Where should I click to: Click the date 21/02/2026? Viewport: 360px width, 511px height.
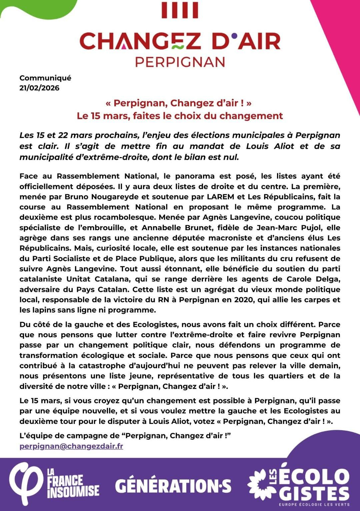click(x=39, y=88)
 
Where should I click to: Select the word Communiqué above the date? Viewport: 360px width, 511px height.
click(x=45, y=78)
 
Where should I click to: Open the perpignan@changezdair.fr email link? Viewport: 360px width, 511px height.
click(x=71, y=446)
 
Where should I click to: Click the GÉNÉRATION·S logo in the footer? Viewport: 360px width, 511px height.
click(x=173, y=486)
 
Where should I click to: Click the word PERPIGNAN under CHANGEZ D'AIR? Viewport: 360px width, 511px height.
click(x=180, y=62)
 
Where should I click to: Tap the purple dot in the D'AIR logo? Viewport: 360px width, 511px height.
click(x=235, y=35)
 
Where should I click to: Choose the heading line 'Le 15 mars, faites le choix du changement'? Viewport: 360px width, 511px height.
click(x=180, y=116)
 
